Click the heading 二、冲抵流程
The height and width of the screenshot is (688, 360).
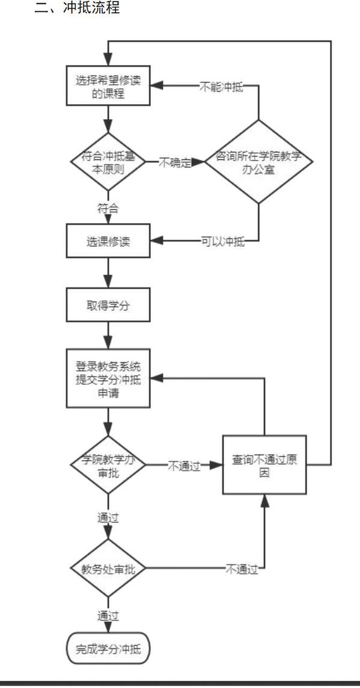(77, 8)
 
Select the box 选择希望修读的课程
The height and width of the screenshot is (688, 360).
(108, 85)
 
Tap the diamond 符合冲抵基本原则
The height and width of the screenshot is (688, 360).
(108, 162)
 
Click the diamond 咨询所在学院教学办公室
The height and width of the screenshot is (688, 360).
(258, 162)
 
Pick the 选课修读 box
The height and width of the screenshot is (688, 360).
(108, 241)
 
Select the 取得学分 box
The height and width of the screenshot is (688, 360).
(108, 305)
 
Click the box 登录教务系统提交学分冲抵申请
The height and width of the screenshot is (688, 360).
(108, 378)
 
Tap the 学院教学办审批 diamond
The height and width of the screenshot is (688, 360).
(108, 465)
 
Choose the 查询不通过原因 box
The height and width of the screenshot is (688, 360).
(264, 465)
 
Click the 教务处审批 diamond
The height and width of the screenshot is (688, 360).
(108, 569)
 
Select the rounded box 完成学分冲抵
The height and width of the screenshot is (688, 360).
(108, 648)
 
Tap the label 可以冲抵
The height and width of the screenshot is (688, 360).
(223, 241)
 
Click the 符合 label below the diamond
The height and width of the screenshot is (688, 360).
(108, 208)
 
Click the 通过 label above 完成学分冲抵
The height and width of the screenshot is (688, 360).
(108, 616)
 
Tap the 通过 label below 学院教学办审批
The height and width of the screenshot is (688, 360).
(108, 518)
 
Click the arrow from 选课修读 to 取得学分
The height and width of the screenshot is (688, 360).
(108, 273)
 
